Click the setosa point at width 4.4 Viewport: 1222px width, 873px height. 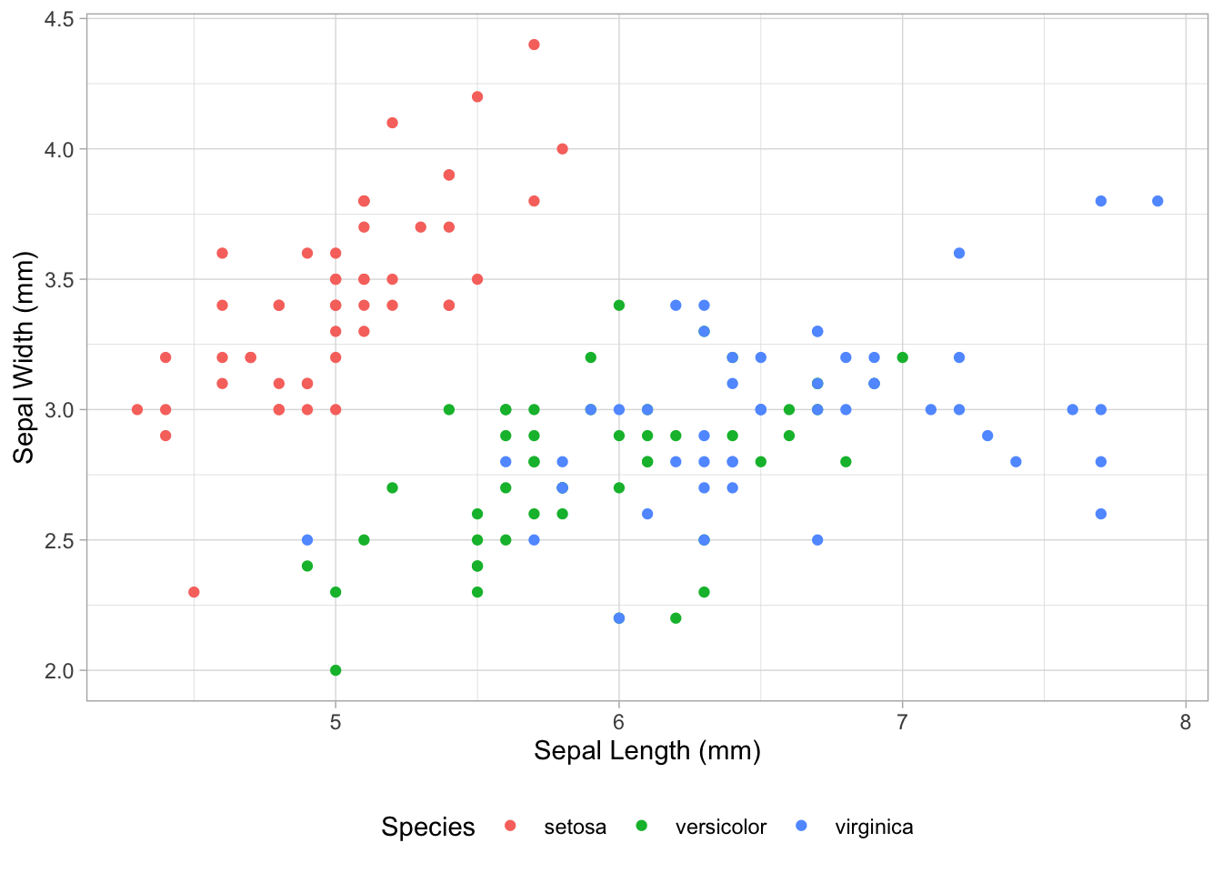pos(534,45)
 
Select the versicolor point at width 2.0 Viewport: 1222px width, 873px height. pos(336,670)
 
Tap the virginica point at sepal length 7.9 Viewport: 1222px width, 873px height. pos(1157,201)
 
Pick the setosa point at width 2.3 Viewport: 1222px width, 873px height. pos(194,592)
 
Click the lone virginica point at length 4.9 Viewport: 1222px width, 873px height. pos(307,540)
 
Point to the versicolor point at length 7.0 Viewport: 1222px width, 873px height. pos(902,357)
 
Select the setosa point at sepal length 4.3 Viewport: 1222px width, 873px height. pos(137,409)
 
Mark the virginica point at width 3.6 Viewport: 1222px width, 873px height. pos(959,253)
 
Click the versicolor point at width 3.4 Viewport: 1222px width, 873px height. pos(619,306)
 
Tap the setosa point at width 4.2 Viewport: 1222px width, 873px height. pos(477,96)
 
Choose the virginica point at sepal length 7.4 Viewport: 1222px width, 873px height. pos(1016,462)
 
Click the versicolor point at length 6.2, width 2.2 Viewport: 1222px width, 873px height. pos(676,618)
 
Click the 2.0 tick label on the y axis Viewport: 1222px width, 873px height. pos(60,670)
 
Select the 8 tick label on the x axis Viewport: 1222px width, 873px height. pos(1186,722)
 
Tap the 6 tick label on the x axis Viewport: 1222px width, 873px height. pos(619,722)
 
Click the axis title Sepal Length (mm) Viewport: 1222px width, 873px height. pos(646,751)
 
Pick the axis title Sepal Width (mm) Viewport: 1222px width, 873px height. pos(24,357)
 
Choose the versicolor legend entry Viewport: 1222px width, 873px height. pos(720,827)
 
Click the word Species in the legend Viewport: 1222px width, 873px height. pos(428,827)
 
